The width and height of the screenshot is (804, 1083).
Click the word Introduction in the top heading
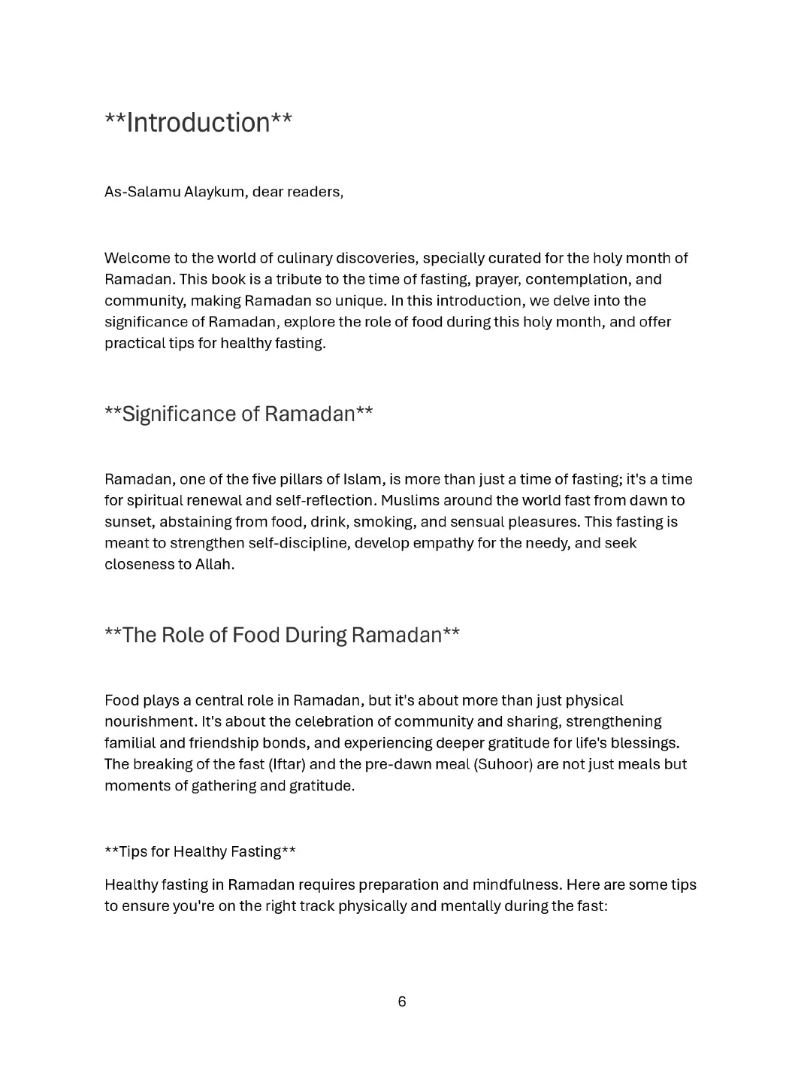click(x=198, y=123)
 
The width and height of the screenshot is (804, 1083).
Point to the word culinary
click(x=304, y=259)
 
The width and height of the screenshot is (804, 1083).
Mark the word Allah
click(x=215, y=564)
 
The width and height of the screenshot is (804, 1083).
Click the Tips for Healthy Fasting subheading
click(x=200, y=851)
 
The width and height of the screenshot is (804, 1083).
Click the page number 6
click(x=402, y=1002)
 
